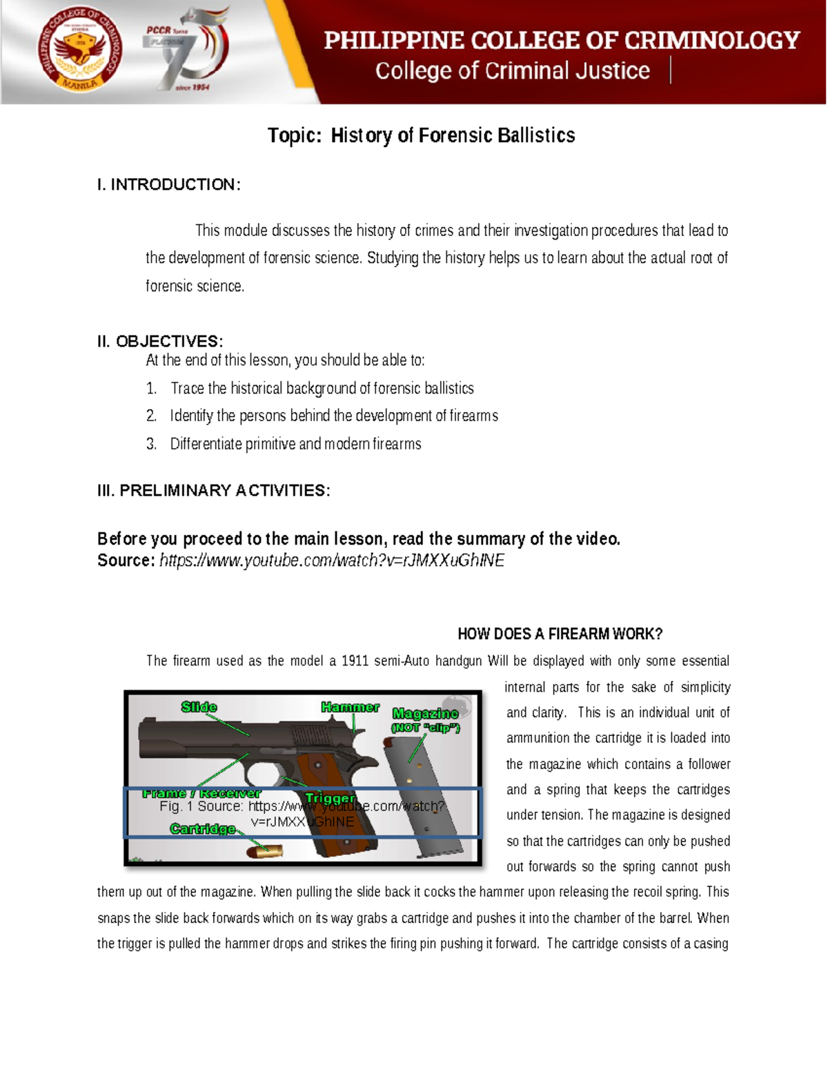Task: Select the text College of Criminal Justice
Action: [512, 71]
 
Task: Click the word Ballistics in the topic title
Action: [535, 135]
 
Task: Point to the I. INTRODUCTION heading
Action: [169, 184]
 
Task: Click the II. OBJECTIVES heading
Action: [160, 341]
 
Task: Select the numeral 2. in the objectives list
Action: [151, 416]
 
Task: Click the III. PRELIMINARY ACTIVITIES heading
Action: [214, 490]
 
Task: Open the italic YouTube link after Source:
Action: [332, 561]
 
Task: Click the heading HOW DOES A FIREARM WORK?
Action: [560, 634]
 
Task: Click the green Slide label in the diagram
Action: [199, 707]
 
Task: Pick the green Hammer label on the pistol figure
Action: [350, 707]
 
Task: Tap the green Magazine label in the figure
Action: [425, 713]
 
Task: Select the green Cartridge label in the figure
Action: [203, 828]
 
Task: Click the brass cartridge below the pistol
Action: [266, 852]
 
